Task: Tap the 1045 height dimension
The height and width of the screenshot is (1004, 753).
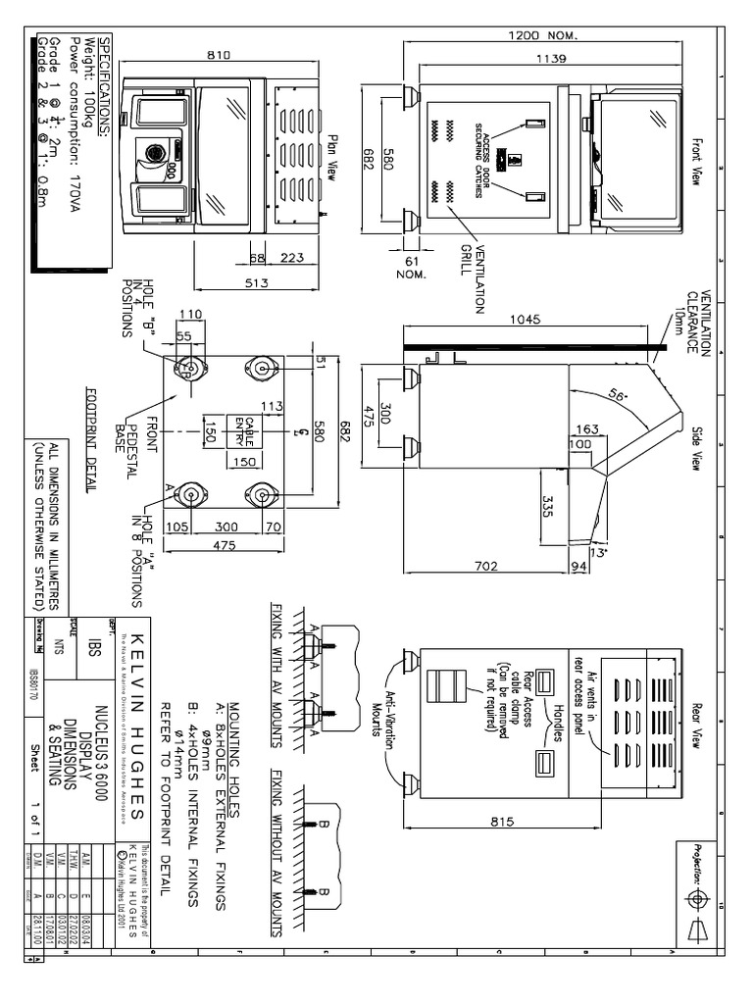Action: click(x=527, y=319)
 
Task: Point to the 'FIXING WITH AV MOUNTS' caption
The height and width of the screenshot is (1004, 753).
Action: click(x=278, y=666)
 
